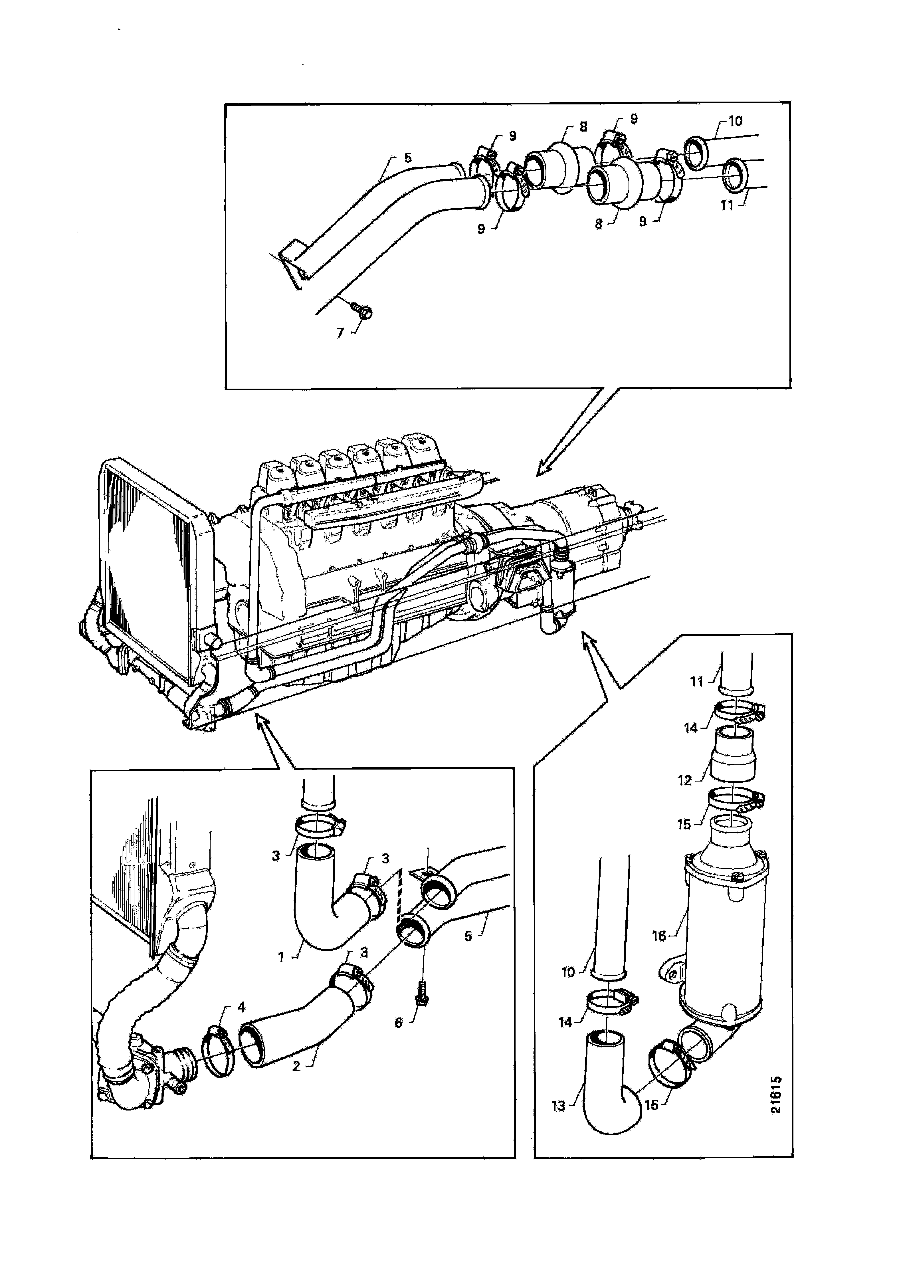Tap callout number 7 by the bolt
341,333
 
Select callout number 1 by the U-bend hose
281,957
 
